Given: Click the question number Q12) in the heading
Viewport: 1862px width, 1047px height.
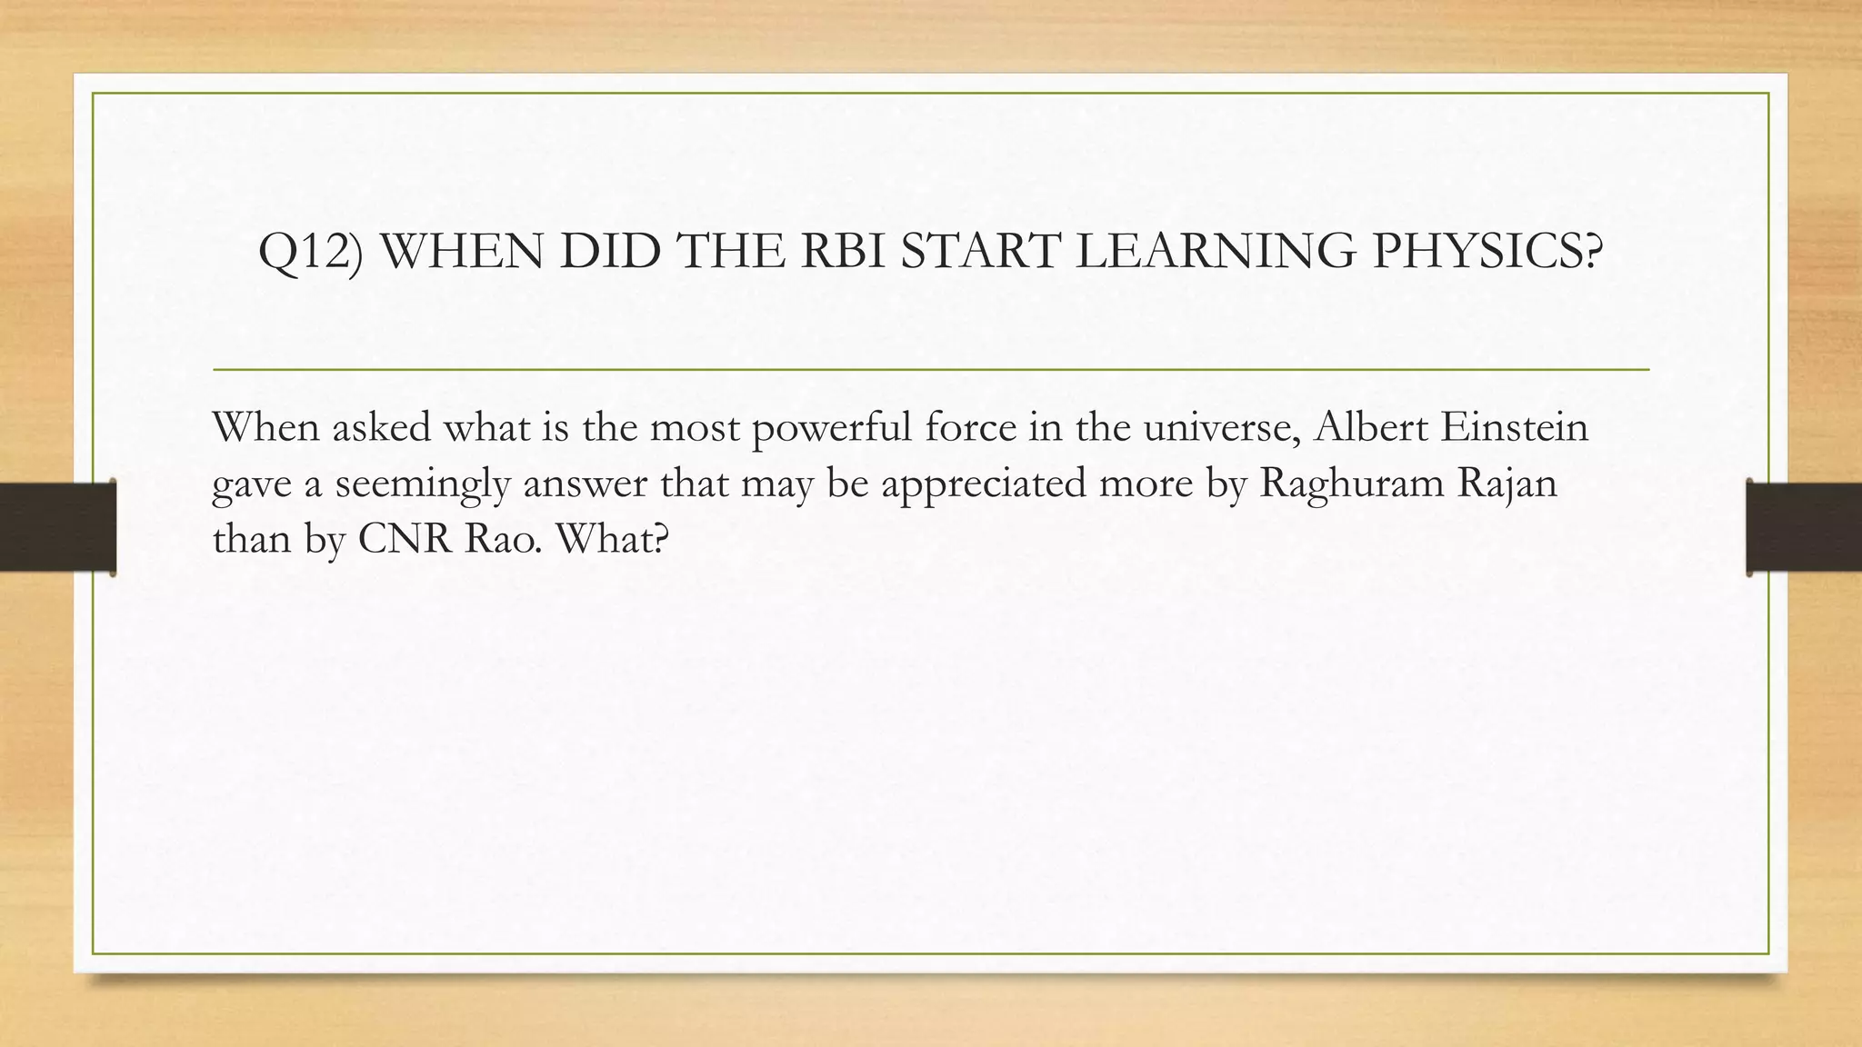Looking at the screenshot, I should click(x=310, y=252).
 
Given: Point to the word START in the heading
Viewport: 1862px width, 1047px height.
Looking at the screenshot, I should click(x=980, y=252).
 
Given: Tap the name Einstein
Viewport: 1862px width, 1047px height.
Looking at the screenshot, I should click(x=1515, y=427).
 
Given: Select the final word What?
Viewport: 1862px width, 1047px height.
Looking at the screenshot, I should click(x=612, y=539).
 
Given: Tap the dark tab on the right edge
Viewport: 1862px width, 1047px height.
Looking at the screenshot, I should click(x=1804, y=527).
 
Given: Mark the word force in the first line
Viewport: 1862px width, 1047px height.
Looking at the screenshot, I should click(x=971, y=427).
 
